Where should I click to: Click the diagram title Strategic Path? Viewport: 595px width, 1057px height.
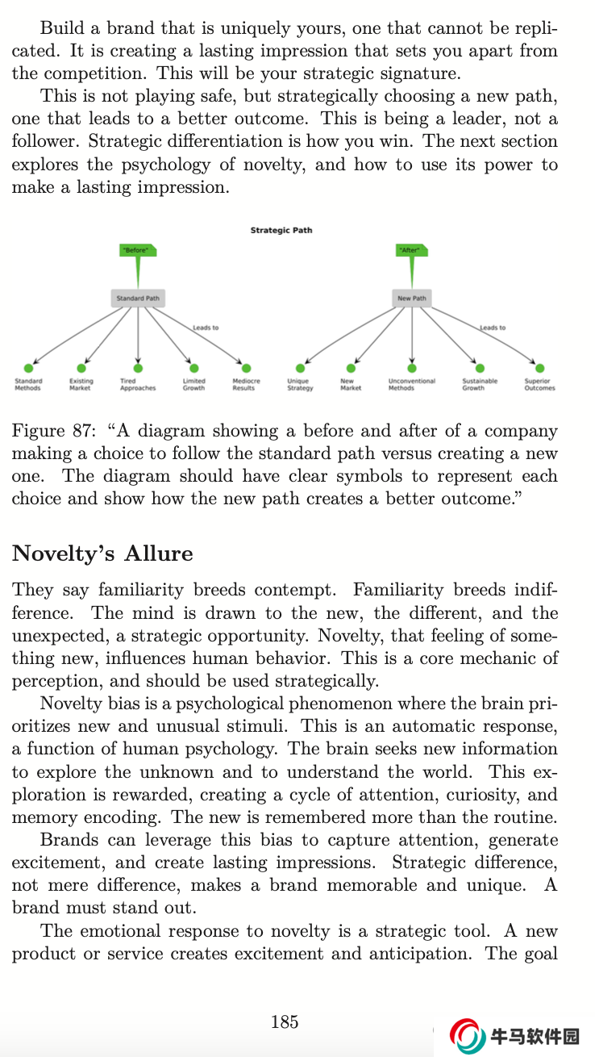281,231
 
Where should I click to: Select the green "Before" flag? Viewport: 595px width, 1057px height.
137,251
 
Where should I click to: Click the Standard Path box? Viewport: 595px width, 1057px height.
138,299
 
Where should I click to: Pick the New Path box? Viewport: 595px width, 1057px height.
411,299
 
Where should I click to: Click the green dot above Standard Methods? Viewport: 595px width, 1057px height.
28,369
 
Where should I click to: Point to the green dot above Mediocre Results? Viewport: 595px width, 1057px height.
246,369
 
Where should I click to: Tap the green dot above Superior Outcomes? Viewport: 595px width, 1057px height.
539,369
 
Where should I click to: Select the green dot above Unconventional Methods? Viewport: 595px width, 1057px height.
412,369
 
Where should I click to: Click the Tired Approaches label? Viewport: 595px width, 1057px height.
138,385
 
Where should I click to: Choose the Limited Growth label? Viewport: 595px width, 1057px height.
193,385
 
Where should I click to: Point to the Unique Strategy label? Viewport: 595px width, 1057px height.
300,385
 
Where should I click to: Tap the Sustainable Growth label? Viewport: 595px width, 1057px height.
480,385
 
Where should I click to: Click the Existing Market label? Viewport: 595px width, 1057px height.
81,385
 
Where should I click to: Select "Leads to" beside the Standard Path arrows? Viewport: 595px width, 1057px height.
206,328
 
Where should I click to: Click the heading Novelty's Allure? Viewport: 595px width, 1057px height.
102,554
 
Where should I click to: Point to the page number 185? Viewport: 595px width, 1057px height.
285,1022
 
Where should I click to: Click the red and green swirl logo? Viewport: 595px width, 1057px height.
468,1036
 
